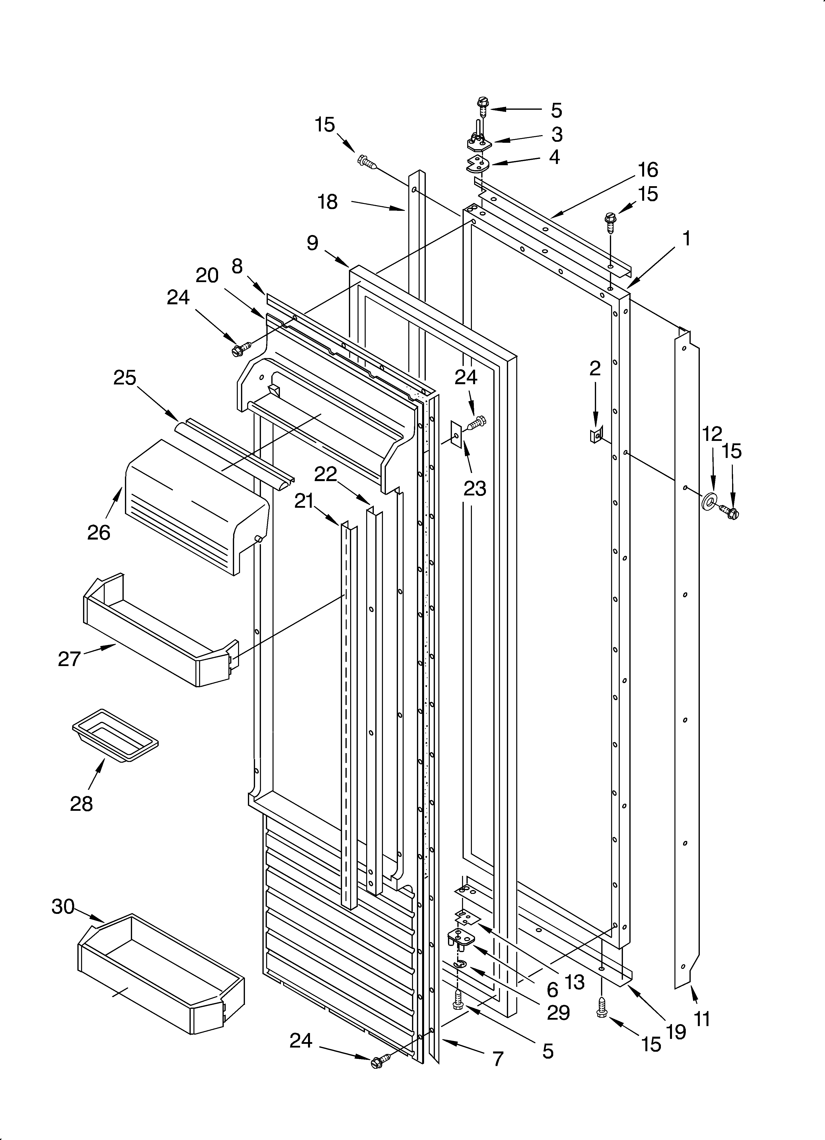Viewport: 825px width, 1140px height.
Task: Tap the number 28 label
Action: pyautogui.click(x=81, y=804)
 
